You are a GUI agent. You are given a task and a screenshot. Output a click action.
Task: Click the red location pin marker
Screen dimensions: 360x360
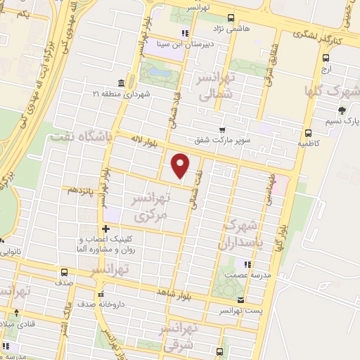tap(181, 165)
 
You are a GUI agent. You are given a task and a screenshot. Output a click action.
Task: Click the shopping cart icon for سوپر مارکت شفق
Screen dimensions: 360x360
tap(223, 129)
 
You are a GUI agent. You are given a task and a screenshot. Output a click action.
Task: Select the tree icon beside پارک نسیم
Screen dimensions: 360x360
tap(342, 110)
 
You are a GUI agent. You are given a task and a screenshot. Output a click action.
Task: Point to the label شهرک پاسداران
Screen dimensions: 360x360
tap(241, 235)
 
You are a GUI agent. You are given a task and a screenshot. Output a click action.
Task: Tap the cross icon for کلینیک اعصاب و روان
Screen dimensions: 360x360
tap(105, 229)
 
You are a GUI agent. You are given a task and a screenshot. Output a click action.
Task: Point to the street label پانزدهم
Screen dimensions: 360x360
tap(77, 191)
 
